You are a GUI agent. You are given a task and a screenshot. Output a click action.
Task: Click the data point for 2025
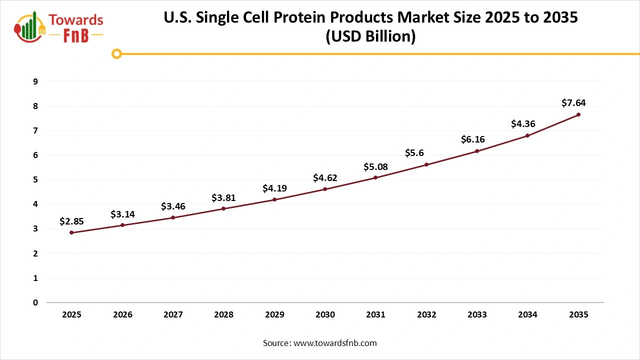click(x=71, y=232)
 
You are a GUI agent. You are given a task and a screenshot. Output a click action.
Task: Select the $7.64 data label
click(x=573, y=103)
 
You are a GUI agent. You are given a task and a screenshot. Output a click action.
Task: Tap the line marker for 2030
click(x=325, y=189)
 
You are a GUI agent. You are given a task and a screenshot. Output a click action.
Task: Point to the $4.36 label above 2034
click(x=522, y=124)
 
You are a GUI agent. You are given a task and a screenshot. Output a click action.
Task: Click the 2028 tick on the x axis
click(x=223, y=315)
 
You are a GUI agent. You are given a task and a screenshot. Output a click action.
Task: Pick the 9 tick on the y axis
click(x=35, y=81)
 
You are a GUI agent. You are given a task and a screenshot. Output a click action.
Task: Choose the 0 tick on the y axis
click(x=35, y=302)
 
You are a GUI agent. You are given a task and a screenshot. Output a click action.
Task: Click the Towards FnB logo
click(x=59, y=27)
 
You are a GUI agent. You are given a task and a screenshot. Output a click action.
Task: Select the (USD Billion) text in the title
click(x=370, y=36)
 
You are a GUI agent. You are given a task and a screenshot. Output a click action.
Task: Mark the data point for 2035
click(x=578, y=114)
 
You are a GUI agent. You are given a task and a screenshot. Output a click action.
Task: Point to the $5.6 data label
click(x=414, y=153)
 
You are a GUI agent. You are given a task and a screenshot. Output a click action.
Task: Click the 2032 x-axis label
click(x=426, y=315)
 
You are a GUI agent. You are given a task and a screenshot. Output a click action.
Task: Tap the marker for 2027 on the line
click(x=173, y=217)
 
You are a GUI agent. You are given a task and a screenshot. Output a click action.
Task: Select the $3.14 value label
click(x=122, y=214)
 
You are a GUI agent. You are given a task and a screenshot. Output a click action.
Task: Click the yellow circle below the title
click(x=116, y=53)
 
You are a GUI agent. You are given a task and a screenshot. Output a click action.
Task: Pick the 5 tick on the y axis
click(x=35, y=179)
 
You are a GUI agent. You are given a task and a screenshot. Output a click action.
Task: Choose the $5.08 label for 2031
click(x=375, y=166)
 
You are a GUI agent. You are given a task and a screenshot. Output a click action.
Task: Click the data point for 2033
click(x=477, y=151)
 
